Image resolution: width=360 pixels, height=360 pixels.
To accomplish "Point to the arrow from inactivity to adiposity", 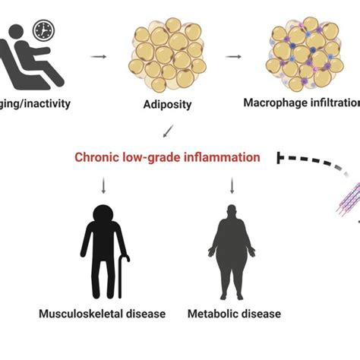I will click(x=98, y=56).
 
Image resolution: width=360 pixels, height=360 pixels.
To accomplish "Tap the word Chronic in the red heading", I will click(x=94, y=157).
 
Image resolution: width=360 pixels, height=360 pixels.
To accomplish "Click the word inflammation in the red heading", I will click(x=226, y=157).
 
